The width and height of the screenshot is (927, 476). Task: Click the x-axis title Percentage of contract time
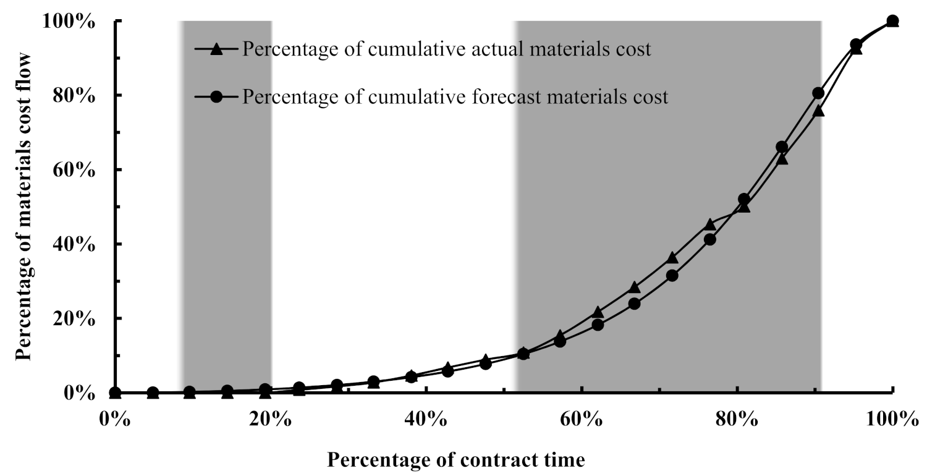[x=455, y=460]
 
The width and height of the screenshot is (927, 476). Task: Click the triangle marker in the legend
[x=216, y=49]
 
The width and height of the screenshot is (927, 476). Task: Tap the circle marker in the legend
[x=216, y=98]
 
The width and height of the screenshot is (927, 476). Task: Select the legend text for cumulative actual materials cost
[x=447, y=49]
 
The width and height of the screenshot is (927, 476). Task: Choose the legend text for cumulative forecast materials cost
[x=455, y=98]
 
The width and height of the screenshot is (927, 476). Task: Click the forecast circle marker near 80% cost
[x=818, y=93]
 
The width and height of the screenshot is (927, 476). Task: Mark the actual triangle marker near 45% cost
[x=709, y=224]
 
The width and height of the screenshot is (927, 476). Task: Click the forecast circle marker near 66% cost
[x=782, y=147]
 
